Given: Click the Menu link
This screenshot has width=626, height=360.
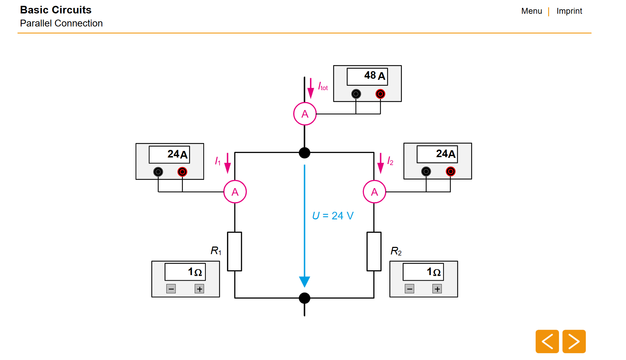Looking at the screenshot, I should (x=531, y=11).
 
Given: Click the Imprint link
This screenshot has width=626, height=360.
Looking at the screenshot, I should (x=569, y=11).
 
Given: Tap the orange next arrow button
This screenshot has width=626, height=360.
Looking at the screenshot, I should (x=574, y=341).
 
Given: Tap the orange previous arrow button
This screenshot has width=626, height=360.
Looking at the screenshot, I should (x=547, y=341).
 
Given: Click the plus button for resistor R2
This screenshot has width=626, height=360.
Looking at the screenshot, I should (x=437, y=289).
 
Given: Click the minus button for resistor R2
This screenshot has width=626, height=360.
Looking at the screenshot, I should (x=409, y=289).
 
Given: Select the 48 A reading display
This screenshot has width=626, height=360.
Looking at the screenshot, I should (x=367, y=76).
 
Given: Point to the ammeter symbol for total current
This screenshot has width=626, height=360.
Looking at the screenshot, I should (x=305, y=114).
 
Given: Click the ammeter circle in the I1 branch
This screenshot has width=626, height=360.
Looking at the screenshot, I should (x=235, y=192).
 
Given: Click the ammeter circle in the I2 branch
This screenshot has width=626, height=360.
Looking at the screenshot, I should (x=374, y=192).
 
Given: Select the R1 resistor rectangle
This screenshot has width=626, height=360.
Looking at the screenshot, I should (x=235, y=251).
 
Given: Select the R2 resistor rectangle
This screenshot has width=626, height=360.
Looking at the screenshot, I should (x=374, y=251).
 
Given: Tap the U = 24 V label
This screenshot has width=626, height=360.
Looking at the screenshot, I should (x=333, y=216).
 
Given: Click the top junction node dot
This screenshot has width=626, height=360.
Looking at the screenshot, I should (x=304, y=153).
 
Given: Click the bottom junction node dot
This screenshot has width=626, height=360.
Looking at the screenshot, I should (x=304, y=298).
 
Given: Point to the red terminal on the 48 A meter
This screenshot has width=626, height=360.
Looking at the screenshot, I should (x=380, y=94).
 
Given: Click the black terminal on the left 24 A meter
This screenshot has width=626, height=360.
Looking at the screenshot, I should (x=158, y=172).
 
